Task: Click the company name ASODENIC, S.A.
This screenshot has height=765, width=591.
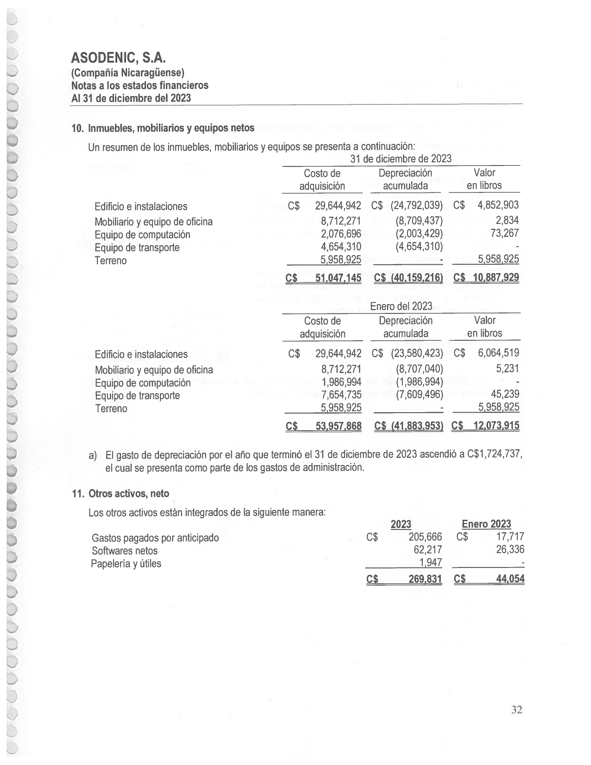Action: pyautogui.click(x=118, y=58)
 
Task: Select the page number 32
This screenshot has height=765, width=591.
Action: pyautogui.click(x=517, y=709)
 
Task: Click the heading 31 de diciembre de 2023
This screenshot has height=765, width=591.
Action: pyautogui.click(x=400, y=159)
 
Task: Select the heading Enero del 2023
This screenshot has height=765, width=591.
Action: pyautogui.click(x=401, y=306)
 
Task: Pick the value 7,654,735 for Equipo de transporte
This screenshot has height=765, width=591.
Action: pyautogui.click(x=341, y=395)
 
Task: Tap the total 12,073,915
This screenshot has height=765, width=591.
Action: pyautogui.click(x=496, y=426)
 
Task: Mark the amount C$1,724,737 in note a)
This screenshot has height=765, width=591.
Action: pyautogui.click(x=496, y=454)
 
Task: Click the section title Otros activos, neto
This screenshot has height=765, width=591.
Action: pyautogui.click(x=128, y=493)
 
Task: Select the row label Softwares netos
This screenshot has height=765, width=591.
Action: pyautogui.click(x=124, y=551)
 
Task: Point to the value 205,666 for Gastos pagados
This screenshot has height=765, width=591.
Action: pyautogui.click(x=425, y=537)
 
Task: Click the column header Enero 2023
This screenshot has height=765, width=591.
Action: pyautogui.click(x=486, y=524)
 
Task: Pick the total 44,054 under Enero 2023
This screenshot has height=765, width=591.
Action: pyautogui.click(x=510, y=579)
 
